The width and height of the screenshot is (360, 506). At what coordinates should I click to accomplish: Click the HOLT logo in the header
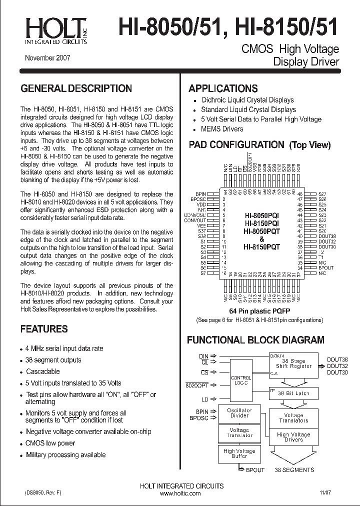55,30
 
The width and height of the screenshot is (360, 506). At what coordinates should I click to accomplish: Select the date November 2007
47,58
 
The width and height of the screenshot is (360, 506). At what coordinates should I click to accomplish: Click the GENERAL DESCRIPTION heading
76,89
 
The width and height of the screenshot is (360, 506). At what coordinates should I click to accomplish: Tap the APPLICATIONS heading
223,89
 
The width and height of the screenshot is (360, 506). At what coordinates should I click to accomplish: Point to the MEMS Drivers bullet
222,129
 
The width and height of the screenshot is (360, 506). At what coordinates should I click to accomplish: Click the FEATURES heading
43,329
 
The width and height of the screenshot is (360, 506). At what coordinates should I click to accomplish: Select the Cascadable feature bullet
42,371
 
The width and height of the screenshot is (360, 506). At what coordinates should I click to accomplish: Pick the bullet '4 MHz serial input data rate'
64,348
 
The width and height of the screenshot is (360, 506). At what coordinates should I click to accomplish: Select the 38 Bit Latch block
293,393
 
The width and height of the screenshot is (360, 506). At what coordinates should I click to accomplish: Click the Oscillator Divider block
239,413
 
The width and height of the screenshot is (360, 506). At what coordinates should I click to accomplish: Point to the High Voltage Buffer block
239,453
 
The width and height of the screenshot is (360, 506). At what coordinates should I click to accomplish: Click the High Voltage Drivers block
293,437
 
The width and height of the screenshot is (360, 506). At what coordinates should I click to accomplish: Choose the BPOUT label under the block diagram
255,470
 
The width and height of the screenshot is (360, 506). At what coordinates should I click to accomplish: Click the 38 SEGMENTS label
294,470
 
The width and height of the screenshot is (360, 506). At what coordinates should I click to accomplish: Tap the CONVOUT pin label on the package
195,220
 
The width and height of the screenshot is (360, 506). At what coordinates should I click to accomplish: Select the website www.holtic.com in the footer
180,493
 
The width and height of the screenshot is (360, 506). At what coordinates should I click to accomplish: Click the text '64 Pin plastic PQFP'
255,310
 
